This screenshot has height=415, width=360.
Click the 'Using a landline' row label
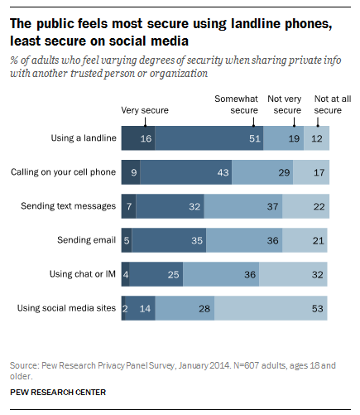(x=84, y=138)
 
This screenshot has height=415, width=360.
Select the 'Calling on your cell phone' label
(x=63, y=172)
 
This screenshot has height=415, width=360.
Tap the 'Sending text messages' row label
(x=68, y=206)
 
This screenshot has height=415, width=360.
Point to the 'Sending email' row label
(x=86, y=240)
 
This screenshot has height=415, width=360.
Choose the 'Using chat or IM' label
(x=83, y=274)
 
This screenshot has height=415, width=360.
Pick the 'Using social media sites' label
(x=66, y=308)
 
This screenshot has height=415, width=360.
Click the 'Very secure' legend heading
(x=145, y=110)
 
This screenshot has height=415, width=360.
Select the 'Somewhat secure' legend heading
(x=236, y=104)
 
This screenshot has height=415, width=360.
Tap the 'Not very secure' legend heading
(x=285, y=104)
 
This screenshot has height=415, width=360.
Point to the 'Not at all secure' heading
(x=333, y=104)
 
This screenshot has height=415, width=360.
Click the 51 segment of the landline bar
(x=209, y=138)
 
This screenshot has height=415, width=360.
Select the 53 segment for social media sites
(x=271, y=308)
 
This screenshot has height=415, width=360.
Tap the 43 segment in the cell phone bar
(x=186, y=172)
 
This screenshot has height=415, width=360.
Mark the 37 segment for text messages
(x=243, y=206)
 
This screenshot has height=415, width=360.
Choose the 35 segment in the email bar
(x=169, y=240)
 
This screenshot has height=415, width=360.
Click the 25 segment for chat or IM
(x=156, y=274)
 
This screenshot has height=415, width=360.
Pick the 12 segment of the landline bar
(x=316, y=138)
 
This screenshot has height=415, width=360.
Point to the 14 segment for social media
(x=140, y=308)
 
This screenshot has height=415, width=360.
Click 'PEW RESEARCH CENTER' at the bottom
(x=58, y=393)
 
